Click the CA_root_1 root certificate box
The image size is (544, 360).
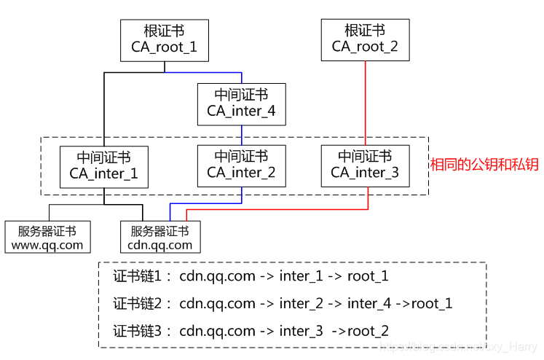[x=164, y=40]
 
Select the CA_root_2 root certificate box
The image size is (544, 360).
[x=365, y=40]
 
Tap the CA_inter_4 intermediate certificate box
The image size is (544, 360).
[x=241, y=103]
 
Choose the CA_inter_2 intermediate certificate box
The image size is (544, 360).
[x=241, y=165]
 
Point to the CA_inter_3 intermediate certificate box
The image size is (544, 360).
[x=365, y=165]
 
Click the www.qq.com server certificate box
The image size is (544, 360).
[x=47, y=238]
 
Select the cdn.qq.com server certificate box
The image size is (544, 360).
[x=159, y=238]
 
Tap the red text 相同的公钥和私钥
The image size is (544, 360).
[x=484, y=165]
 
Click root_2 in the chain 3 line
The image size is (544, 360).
[x=368, y=331]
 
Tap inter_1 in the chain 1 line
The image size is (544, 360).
[x=301, y=276]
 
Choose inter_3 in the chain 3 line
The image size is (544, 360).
[x=301, y=331]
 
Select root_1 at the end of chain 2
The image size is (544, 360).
[x=432, y=303]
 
